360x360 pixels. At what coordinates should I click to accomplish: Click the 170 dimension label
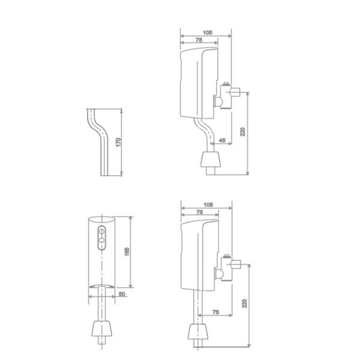[x=119, y=142]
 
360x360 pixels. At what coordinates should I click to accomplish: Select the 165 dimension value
[x=127, y=252]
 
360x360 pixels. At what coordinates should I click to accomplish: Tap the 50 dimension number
[x=121, y=294]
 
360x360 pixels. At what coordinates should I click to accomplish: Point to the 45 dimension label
[x=223, y=140]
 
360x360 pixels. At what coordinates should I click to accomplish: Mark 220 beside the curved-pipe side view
[x=243, y=131]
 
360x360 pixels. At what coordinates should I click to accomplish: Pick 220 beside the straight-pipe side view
[x=244, y=304]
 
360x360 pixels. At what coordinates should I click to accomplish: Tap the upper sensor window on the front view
[x=102, y=231]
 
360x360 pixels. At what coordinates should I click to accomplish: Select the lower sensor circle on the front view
[x=102, y=242]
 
